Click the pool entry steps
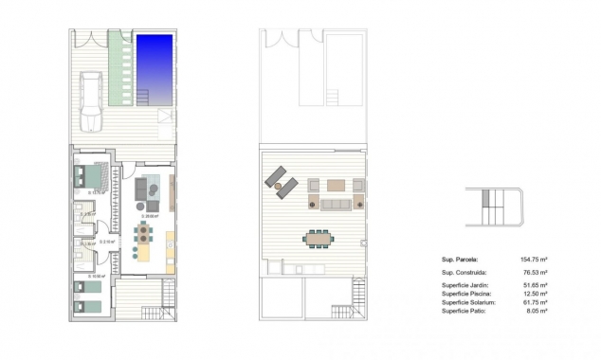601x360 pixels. pyautogui.click(x=143, y=96)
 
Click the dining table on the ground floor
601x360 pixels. pyautogui.click(x=143, y=232)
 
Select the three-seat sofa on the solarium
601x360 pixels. pyautogui.click(x=335, y=204)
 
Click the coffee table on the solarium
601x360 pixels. pyautogui.click(x=336, y=185)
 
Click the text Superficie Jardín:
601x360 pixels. pyautogui.click(x=464, y=285)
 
